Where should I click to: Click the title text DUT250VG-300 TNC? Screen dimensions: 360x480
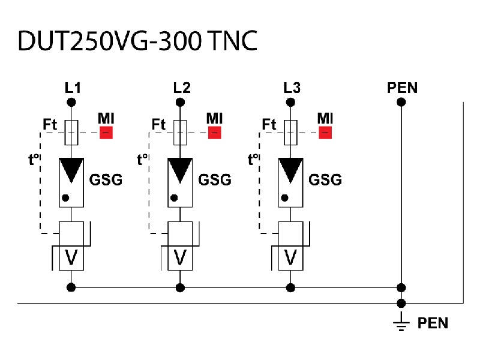137,40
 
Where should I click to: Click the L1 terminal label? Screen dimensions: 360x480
73,88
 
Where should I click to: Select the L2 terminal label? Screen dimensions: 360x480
182,88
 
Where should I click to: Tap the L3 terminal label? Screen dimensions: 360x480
292,88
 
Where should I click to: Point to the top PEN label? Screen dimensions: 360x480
403,88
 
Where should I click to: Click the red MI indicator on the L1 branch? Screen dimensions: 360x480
106,133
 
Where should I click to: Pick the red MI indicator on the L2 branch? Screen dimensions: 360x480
214,133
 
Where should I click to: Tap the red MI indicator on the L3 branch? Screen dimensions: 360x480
325,133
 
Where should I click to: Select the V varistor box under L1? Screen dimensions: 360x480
71,257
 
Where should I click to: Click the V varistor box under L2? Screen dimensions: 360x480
179,257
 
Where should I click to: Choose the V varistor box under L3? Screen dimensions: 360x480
290,257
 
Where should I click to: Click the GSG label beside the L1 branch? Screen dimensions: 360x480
106,179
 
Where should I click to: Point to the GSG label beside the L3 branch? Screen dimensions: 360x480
325,179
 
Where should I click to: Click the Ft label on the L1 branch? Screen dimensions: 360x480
50,125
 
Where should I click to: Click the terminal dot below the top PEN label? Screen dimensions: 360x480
401,102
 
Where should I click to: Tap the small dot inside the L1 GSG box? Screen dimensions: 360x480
65,197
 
